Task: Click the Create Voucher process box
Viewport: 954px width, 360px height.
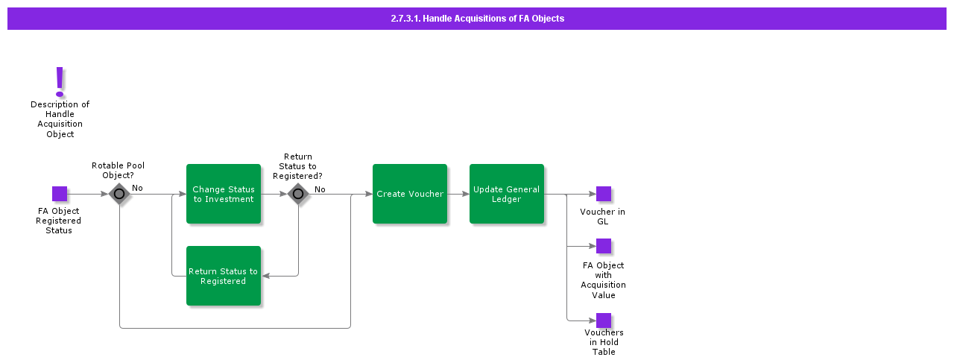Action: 410,194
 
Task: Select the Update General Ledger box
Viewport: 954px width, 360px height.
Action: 507,194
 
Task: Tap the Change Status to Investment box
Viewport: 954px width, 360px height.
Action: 224,194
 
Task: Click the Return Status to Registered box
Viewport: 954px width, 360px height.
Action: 224,276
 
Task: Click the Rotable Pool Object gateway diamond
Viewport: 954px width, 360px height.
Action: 119,194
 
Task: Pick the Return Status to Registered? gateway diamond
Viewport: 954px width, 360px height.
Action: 298,194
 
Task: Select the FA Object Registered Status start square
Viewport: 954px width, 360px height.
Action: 60,194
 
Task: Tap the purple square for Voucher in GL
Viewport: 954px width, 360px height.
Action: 604,194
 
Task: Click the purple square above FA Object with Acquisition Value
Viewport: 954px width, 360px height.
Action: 604,246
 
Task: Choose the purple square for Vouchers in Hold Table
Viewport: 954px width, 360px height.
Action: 604,320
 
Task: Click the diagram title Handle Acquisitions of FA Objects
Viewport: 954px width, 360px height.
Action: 477,19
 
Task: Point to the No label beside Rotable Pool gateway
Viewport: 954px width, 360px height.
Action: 138,189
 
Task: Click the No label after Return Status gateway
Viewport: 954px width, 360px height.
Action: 320,189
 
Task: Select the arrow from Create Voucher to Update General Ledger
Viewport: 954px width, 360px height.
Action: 458,194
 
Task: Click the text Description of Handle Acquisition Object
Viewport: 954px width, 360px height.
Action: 60,119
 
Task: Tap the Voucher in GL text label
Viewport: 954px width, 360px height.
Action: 602,217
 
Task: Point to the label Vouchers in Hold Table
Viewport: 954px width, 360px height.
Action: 604,342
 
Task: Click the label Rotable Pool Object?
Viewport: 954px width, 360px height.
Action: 118,171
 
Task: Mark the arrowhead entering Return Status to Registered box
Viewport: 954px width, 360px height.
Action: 265,276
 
